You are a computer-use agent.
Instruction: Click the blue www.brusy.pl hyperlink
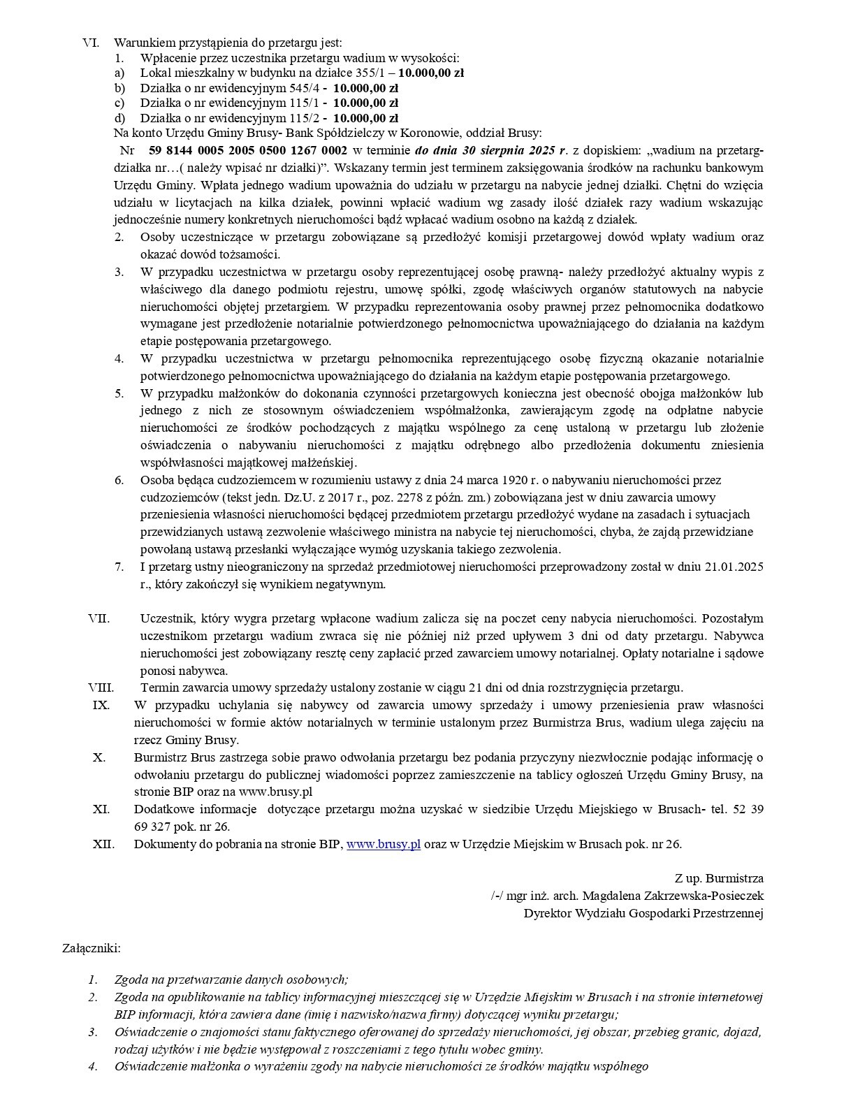(384, 844)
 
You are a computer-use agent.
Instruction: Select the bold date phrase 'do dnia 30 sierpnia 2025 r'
(489, 150)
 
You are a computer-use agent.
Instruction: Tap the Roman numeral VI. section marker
(91, 43)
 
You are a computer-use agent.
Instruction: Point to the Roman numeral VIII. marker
(101, 688)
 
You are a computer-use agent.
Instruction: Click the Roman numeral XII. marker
(103, 844)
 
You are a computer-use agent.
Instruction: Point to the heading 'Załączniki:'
(92, 948)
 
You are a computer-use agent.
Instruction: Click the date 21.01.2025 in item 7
(736, 567)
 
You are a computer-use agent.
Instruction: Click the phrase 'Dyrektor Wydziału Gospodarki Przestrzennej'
(643, 913)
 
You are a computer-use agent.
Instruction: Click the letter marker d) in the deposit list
(120, 118)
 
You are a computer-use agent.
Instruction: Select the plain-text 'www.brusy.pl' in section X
(275, 792)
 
